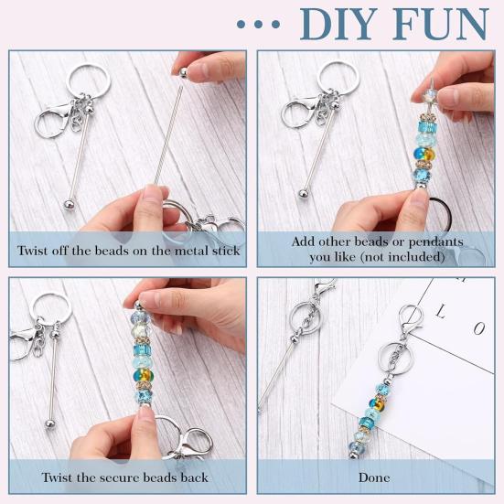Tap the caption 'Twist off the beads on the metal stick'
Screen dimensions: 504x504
click(x=129, y=250)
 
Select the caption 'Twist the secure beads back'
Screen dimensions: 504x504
click(x=124, y=477)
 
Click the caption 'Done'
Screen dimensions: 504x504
click(x=374, y=477)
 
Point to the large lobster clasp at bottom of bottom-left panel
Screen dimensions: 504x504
click(x=188, y=442)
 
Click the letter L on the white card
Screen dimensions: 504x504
click(x=441, y=312)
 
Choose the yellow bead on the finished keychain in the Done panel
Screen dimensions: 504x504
click(x=375, y=398)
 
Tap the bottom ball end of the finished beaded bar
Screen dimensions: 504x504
click(x=353, y=447)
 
